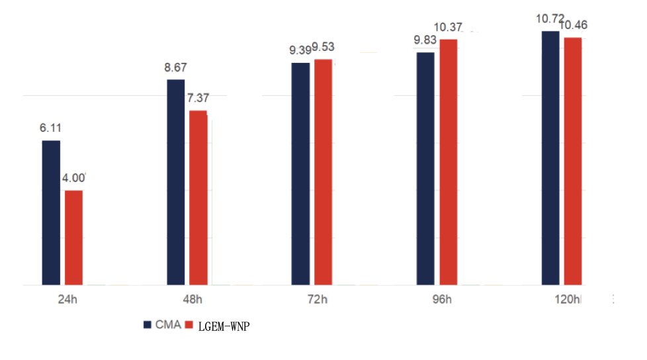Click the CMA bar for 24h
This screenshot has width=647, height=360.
click(x=51, y=212)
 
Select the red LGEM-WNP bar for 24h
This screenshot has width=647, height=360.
click(x=73, y=238)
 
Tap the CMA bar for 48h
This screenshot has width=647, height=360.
click(x=175, y=182)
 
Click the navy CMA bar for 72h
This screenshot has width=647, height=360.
click(x=300, y=173)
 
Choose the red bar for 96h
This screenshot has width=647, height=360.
click(x=449, y=162)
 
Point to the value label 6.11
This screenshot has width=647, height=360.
click(x=51, y=128)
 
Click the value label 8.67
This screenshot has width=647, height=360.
click(x=176, y=67)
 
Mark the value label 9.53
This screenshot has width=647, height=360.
click(x=323, y=48)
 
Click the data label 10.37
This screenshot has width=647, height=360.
click(x=449, y=27)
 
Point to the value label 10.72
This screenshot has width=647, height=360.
click(x=550, y=18)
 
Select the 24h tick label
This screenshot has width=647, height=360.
click(x=67, y=300)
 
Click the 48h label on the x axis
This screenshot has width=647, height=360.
click(x=193, y=300)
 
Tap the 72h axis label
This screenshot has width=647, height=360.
click(x=318, y=300)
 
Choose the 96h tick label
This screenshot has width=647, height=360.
click(x=442, y=300)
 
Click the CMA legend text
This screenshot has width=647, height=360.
click(x=168, y=325)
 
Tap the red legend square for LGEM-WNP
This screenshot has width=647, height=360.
click(x=188, y=325)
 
